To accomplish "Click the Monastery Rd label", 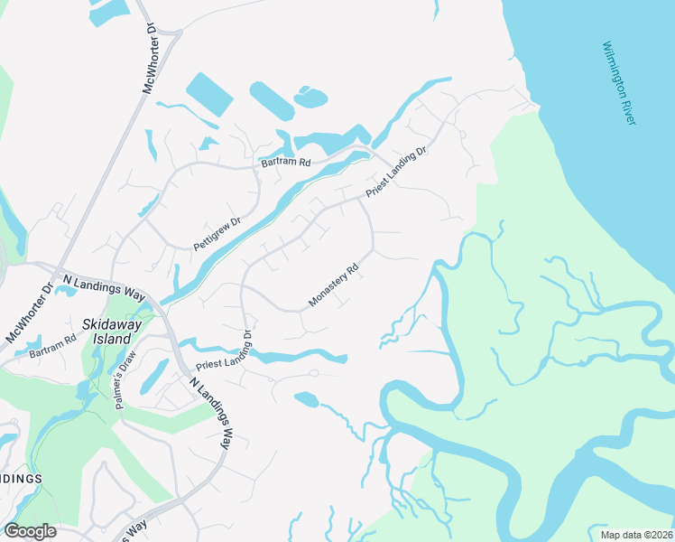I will tap(334, 285).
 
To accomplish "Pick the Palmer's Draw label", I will tap(125, 380).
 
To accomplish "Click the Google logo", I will tap(30, 531).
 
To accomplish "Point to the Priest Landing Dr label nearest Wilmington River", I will tap(395, 173).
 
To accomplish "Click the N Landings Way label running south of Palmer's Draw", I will tap(211, 413).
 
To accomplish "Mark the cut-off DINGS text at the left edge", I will tap(20, 478).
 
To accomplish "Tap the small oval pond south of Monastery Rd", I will tap(306, 398).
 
